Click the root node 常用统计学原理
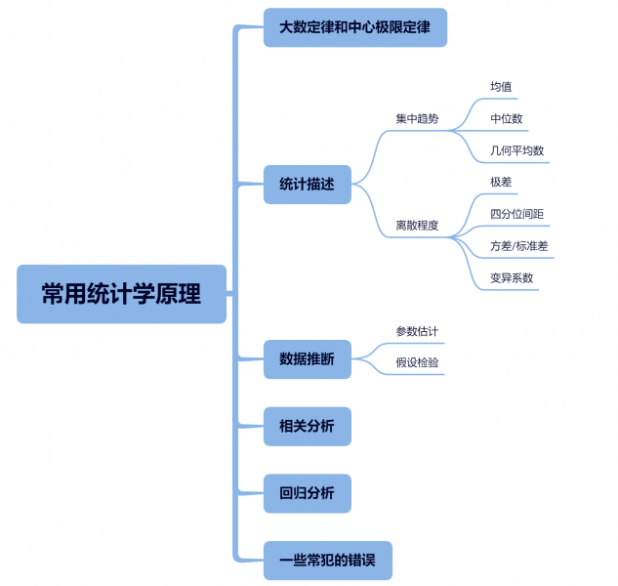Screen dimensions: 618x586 click(x=121, y=294)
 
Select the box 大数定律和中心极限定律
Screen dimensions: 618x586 click(x=355, y=27)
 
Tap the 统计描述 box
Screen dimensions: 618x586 click(x=307, y=185)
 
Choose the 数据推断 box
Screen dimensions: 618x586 click(x=307, y=359)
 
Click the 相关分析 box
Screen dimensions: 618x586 click(x=307, y=426)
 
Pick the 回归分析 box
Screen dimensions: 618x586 click(x=307, y=493)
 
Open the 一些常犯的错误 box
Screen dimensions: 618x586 click(x=327, y=561)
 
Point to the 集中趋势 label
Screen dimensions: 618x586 click(x=417, y=119)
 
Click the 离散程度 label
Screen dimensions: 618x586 click(x=417, y=226)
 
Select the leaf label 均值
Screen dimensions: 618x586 click(x=501, y=87)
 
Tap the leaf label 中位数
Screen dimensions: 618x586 click(x=507, y=119)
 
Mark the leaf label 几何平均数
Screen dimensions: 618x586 click(x=517, y=150)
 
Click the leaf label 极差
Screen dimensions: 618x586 click(x=501, y=183)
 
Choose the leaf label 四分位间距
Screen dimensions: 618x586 click(x=517, y=214)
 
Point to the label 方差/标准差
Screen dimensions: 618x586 click(x=519, y=246)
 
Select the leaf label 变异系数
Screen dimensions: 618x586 click(x=512, y=278)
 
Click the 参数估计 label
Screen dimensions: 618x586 click(x=417, y=331)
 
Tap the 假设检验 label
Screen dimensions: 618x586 click(x=417, y=362)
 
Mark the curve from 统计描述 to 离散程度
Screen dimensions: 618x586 click(x=371, y=211)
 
